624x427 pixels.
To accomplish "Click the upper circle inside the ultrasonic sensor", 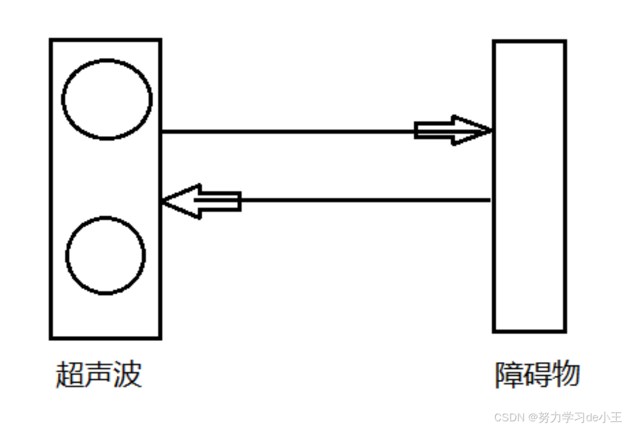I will tap(107, 100).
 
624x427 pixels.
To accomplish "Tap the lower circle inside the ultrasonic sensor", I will tap(105, 255).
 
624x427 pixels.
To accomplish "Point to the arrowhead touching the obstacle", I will tap(471, 130).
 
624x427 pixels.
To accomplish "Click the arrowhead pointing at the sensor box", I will tap(182, 201).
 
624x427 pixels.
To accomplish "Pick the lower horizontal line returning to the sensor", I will tap(365, 200).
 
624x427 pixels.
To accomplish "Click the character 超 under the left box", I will tap(69, 375).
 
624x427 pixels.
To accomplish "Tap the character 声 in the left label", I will tap(98, 375).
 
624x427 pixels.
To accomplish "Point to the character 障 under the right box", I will tap(508, 375).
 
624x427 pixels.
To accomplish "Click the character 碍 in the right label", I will tap(537, 375).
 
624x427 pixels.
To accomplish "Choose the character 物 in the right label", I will tap(565, 375).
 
